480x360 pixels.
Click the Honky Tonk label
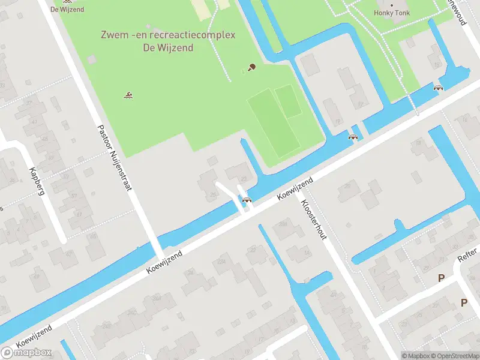tap(391, 12)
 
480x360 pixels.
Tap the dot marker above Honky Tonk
tap(392, 4)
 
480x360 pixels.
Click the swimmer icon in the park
tap(128, 95)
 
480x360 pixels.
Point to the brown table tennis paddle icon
tap(252, 67)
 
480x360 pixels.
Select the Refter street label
tap(468, 255)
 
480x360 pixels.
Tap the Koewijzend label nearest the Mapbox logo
tap(34, 337)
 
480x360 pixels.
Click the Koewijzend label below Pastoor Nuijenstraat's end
tap(164, 263)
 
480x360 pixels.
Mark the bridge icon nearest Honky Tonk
tap(439, 87)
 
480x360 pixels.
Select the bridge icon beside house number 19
tap(353, 137)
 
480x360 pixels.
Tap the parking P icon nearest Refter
tap(442, 278)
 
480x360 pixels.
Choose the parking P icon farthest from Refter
tap(464, 303)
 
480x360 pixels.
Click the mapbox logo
tap(26, 352)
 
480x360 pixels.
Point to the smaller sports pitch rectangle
tap(289, 101)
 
